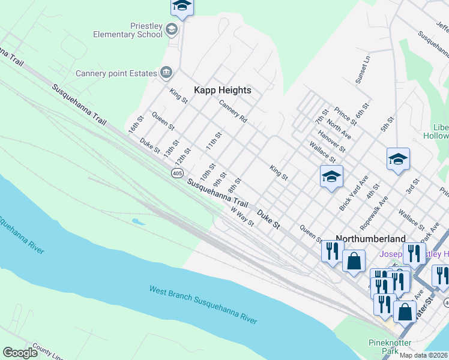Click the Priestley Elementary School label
(127, 30)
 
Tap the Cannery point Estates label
(116, 74)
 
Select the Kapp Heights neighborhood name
(222, 90)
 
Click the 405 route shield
(176, 173)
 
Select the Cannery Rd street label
(233, 112)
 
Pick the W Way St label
(243, 217)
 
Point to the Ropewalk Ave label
(375, 212)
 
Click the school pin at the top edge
(181, 7)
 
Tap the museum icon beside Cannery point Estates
(166, 73)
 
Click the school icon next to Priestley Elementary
(172, 29)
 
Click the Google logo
(20, 353)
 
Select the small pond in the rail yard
(139, 222)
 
